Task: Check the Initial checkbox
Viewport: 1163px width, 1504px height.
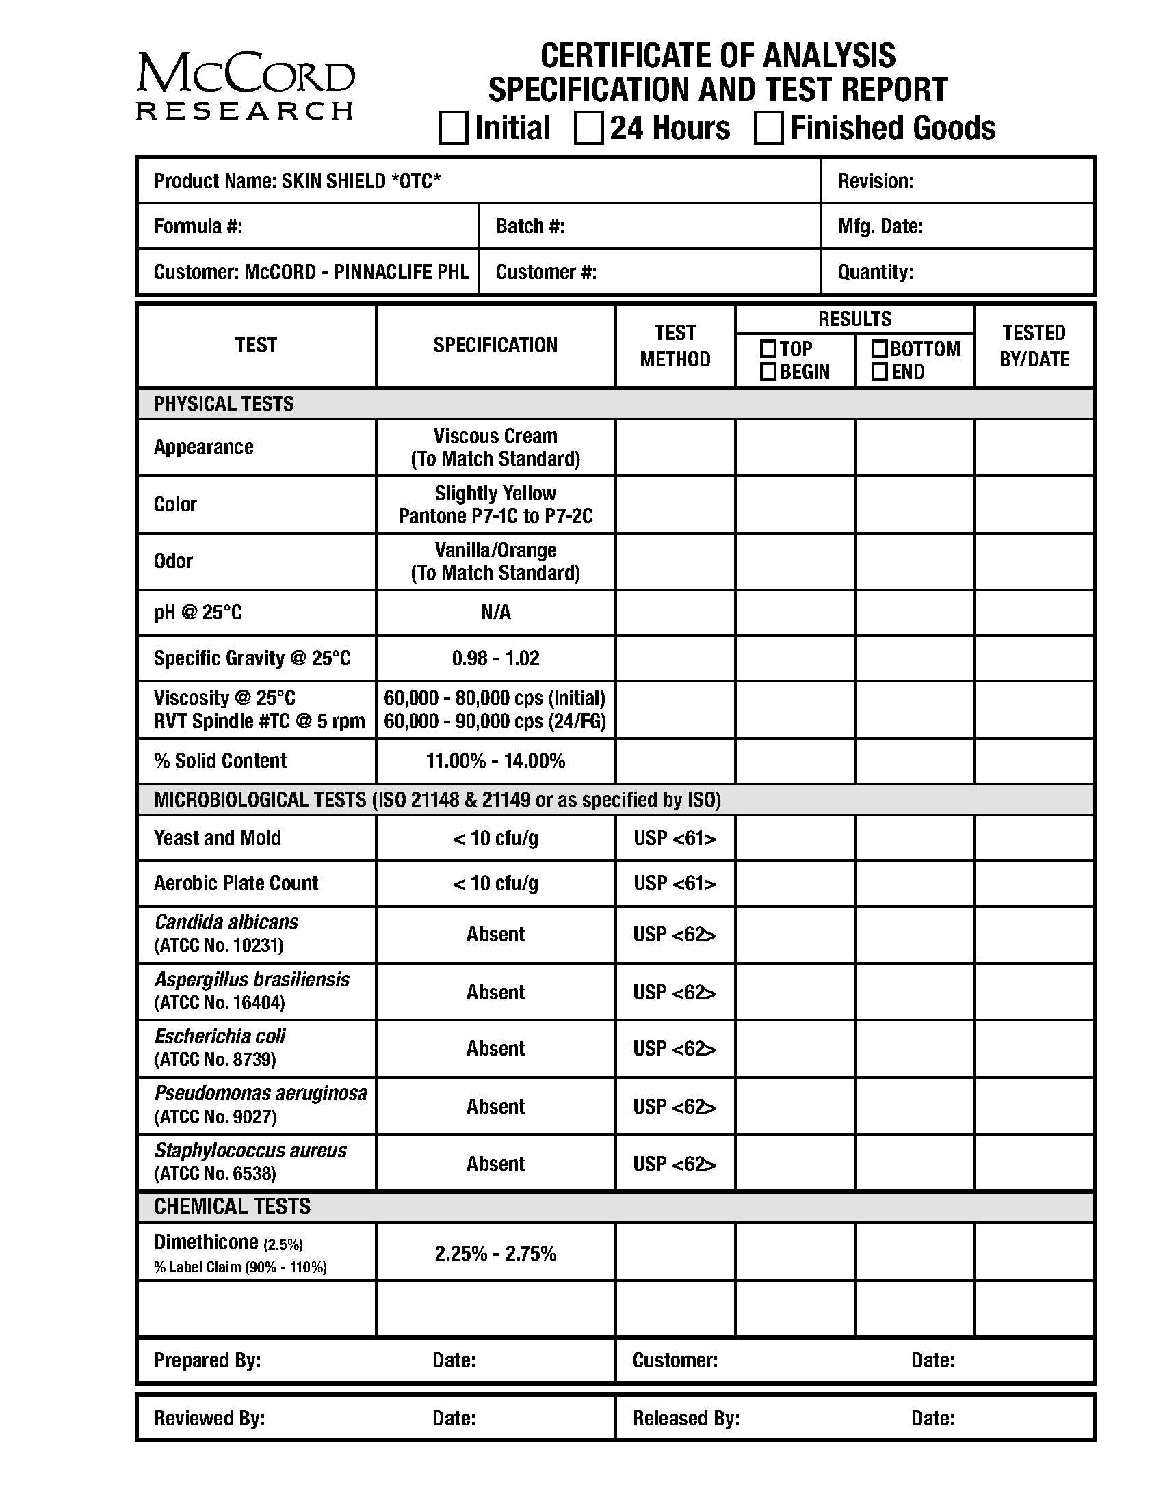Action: point(453,129)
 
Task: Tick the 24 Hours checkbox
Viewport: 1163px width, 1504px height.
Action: point(588,129)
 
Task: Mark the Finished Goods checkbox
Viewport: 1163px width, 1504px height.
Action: point(768,129)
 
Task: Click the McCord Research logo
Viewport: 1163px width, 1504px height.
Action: point(246,86)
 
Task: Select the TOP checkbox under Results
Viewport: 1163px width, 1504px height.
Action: point(768,349)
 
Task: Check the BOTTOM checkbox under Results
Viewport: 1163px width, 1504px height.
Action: point(879,349)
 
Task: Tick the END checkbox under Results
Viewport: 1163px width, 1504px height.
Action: point(879,372)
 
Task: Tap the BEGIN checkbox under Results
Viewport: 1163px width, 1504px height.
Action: point(768,372)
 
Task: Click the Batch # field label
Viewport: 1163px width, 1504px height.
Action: point(530,226)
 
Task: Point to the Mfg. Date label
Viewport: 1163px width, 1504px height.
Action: point(880,226)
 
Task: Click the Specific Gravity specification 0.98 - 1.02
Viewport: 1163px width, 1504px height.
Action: point(495,658)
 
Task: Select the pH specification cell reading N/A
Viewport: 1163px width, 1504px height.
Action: point(495,613)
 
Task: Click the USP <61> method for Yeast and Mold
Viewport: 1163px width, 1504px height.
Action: point(675,838)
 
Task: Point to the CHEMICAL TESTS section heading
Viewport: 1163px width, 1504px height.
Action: point(232,1207)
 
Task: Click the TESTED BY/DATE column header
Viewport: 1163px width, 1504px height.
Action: point(1034,346)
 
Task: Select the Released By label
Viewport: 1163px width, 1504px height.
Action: point(686,1418)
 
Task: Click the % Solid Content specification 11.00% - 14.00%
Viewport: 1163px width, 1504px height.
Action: point(495,760)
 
